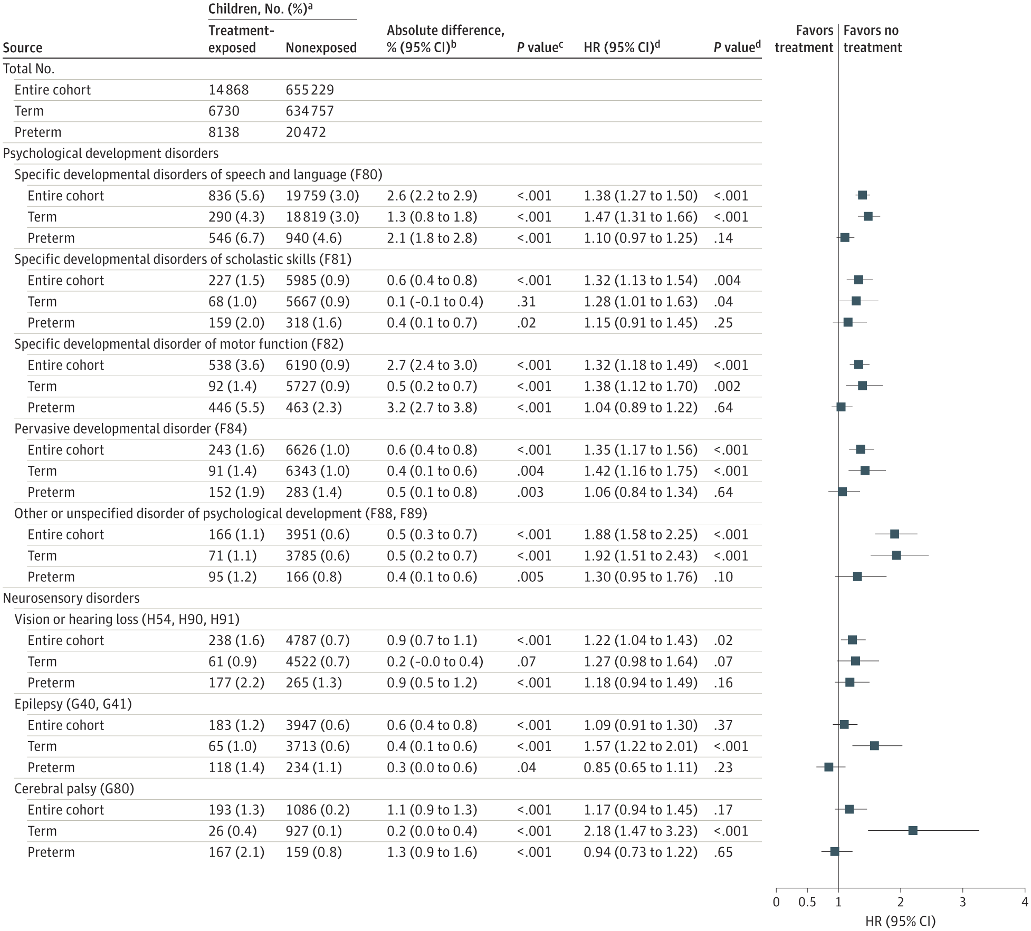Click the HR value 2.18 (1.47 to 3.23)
tap(640, 831)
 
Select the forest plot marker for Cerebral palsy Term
tap(912, 831)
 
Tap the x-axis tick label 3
tap(962, 902)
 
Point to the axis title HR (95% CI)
tap(900, 921)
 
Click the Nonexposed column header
tap(321, 47)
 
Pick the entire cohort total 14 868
tap(228, 90)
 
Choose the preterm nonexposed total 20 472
tap(306, 132)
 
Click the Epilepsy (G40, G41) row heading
tap(73, 704)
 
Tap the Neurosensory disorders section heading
tap(71, 598)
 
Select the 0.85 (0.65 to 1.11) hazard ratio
tap(640, 767)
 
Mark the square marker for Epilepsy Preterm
tap(828, 767)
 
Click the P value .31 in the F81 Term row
tap(526, 302)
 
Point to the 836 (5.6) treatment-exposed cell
tap(236, 196)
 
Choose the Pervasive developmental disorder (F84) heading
tap(130, 428)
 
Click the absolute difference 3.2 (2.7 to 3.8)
tap(432, 407)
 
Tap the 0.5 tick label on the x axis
tap(807, 902)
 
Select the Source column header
tap(23, 47)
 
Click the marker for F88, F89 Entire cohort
tap(894, 534)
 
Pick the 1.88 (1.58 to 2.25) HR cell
tap(640, 534)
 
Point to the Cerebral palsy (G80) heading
tap(74, 789)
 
